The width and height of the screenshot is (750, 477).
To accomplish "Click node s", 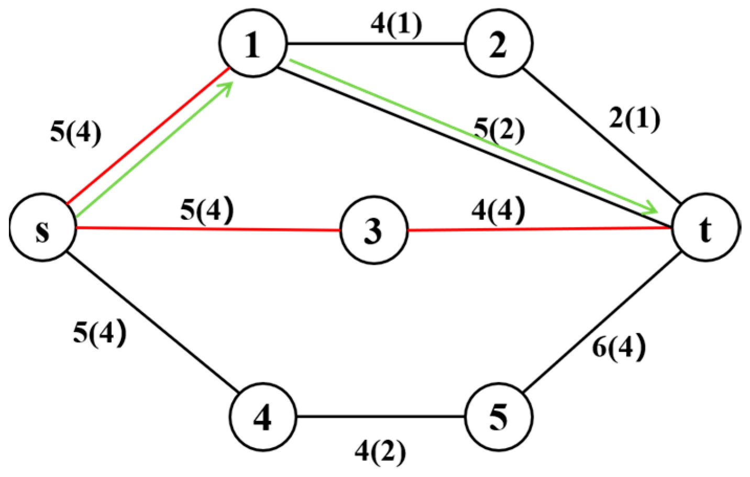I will pos(43,229).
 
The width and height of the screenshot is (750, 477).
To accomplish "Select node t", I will pos(705,228).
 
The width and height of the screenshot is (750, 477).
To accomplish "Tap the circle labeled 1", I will pos(253,44).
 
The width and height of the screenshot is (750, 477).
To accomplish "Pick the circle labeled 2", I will pos(498,44).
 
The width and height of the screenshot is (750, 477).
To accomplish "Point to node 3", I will pos(373,230).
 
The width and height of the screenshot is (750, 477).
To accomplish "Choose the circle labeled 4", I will pos(262,417).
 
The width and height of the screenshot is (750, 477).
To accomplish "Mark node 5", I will pos(498,417).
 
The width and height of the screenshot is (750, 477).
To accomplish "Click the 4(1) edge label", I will pos(396,24).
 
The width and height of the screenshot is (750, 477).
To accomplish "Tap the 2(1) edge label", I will pos(634,119).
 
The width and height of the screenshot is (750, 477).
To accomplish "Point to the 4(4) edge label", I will pos(498,210).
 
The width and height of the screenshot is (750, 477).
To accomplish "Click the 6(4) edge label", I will pos(619,347).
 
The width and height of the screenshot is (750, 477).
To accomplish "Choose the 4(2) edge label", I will pos(380,451).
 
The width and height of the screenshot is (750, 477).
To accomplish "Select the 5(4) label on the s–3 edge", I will pos(207,209).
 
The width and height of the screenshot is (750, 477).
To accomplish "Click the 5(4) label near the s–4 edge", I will pos(100,332).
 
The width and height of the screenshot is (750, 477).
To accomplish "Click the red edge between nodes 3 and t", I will pos(539,229).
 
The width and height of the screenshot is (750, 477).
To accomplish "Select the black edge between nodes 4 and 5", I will pos(380,417).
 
